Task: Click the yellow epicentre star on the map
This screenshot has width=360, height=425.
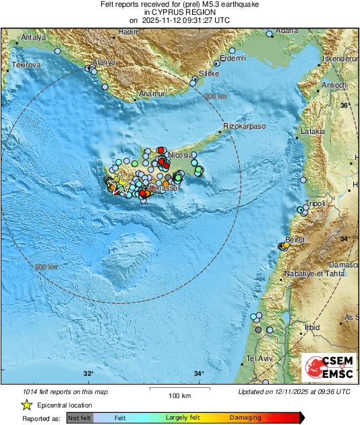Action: pos(120,182)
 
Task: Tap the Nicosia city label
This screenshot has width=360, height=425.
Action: pos(181,155)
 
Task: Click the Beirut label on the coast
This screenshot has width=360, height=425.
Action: pos(295,240)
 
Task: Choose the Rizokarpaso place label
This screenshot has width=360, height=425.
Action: pos(245,126)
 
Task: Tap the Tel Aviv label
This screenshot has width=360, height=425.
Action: pos(258,358)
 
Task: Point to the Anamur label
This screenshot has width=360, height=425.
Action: pos(150,94)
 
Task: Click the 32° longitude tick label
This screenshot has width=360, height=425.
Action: pos(88,374)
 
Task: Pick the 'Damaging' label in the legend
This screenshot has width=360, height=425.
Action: pos(245,418)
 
